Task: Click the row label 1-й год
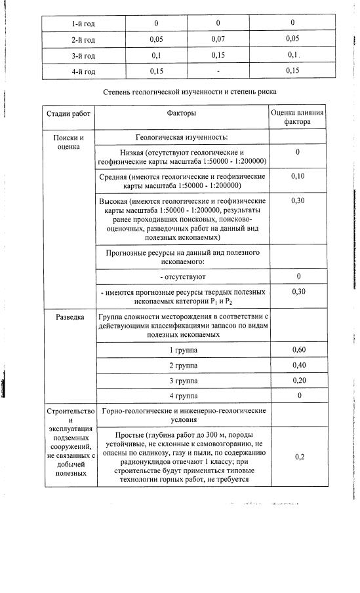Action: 83,24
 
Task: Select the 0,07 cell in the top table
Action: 218,39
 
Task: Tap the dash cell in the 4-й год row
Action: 218,71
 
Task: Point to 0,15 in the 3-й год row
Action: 218,55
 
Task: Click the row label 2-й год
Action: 83,39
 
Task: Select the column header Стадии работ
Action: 68,113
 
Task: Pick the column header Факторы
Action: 182,113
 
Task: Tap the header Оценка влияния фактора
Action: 297,117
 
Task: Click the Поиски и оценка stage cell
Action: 68,142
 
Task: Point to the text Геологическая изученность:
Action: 182,138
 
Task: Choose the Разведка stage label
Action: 68,317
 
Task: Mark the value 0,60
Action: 298,350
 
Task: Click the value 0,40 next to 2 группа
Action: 298,365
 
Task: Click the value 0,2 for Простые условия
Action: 298,457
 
